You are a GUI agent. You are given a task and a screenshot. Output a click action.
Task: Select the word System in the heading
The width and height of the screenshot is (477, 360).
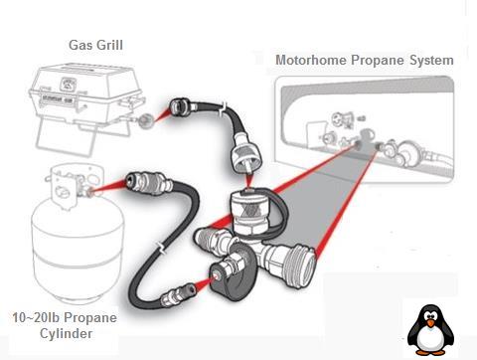point(431,61)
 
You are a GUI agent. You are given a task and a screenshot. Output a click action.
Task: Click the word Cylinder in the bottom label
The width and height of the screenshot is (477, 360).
point(66,333)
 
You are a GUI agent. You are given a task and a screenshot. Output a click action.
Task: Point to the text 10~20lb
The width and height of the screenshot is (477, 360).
point(36,317)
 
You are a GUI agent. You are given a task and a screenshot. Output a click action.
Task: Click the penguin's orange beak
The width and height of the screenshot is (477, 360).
point(430,323)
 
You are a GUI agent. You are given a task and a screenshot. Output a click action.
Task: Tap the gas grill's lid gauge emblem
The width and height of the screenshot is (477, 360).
point(68,84)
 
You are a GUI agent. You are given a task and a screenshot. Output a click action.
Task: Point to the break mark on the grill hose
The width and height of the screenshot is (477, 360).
point(224,108)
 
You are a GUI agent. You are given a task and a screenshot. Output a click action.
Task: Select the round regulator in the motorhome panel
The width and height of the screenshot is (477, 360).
point(407,151)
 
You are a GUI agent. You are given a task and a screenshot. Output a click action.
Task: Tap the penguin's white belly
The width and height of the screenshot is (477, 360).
point(430,339)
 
